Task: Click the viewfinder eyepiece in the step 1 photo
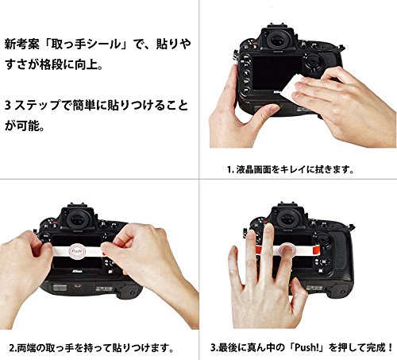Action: point(279,41)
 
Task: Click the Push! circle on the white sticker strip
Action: point(78,251)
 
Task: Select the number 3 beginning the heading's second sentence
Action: point(8,106)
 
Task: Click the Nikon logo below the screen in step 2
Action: point(77,271)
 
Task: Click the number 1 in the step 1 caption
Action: point(229,169)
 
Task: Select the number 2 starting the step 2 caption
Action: point(12,347)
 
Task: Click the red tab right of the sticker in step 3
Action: point(316,250)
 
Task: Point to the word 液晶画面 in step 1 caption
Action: point(253,169)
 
